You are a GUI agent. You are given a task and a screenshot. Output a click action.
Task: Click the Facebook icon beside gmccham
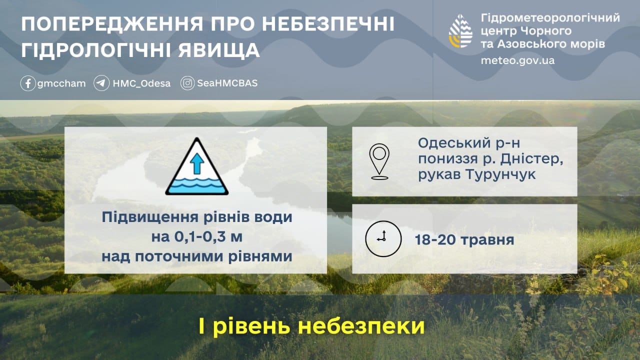pyautogui.click(x=28, y=83)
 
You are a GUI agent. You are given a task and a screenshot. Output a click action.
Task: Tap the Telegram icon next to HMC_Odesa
pyautogui.click(x=101, y=83)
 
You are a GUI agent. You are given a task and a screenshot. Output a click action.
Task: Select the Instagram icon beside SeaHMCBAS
pyautogui.click(x=188, y=83)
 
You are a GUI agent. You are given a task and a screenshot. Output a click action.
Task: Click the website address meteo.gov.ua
pyautogui.click(x=517, y=60)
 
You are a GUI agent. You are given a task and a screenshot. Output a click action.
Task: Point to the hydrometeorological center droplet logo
pyautogui.click(x=460, y=31)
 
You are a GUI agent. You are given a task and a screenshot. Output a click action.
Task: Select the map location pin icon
pyautogui.click(x=379, y=161)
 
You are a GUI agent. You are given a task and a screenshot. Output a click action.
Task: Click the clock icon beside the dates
pyautogui.click(x=383, y=238)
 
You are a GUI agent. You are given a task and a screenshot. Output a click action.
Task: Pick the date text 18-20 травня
pyautogui.click(x=464, y=239)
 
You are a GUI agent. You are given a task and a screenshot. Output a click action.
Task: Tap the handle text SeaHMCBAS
pyautogui.click(x=227, y=83)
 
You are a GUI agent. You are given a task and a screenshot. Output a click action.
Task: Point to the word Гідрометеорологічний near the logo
pyautogui.click(x=550, y=18)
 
